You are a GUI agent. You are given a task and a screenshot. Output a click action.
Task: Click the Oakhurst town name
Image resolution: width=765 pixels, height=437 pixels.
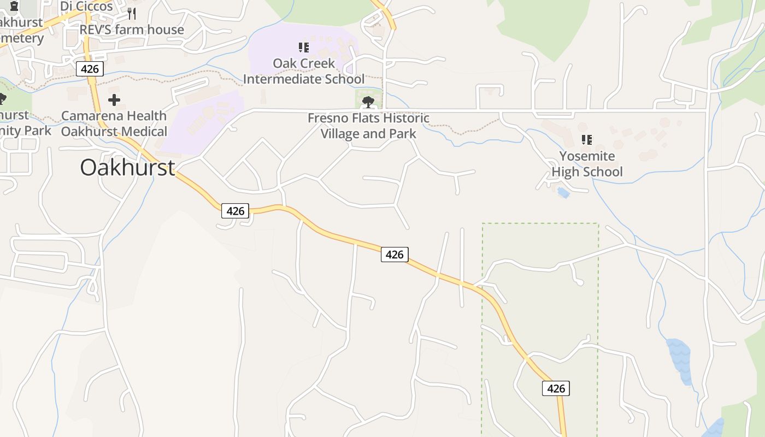click(x=127, y=167)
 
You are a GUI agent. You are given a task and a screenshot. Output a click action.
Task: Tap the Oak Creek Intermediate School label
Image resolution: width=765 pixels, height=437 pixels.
click(x=304, y=71)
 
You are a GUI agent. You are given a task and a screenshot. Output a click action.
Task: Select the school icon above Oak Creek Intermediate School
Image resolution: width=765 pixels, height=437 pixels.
click(x=304, y=48)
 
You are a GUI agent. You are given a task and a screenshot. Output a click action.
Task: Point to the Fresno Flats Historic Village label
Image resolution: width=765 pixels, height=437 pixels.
click(x=369, y=126)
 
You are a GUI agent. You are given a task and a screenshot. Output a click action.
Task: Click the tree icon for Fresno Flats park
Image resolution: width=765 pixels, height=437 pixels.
click(x=368, y=102)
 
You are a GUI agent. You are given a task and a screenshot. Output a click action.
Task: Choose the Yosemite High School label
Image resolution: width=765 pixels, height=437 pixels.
click(x=587, y=164)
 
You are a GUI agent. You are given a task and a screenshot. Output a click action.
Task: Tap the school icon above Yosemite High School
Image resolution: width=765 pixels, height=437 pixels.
click(x=587, y=140)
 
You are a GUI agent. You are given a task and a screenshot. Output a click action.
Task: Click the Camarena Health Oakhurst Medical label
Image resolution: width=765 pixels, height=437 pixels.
click(x=114, y=123)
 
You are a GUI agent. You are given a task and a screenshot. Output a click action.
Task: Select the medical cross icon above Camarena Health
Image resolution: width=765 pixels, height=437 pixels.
click(x=114, y=100)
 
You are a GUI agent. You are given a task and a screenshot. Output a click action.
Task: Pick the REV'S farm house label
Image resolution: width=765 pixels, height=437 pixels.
click(x=132, y=29)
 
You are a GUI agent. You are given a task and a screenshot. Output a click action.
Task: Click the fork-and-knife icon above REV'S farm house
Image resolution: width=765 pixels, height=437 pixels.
click(x=131, y=13)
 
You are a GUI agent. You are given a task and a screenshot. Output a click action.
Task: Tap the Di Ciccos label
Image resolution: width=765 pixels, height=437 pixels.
click(x=86, y=7)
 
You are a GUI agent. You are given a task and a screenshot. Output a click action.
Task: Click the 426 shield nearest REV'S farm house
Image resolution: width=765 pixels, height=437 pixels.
click(x=90, y=69)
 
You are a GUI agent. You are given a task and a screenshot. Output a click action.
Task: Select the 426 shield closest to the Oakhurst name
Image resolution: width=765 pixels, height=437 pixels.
click(x=235, y=211)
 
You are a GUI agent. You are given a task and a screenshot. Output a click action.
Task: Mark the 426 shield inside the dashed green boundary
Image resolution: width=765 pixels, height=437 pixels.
click(x=556, y=388)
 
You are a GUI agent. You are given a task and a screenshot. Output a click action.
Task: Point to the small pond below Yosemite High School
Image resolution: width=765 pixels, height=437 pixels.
click(x=563, y=192)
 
